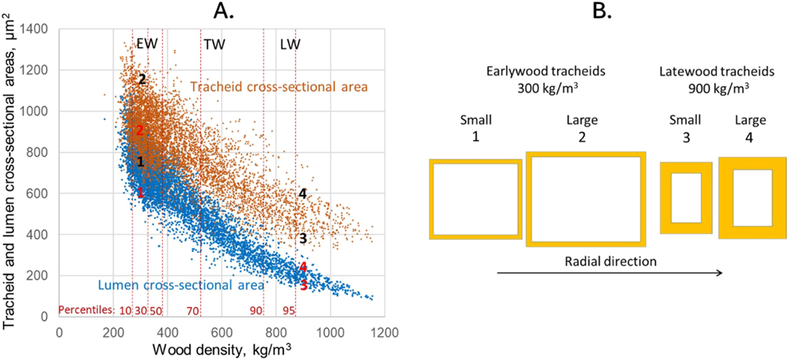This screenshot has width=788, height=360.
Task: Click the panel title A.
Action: tap(223, 10)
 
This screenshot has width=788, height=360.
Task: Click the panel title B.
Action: tap(601, 10)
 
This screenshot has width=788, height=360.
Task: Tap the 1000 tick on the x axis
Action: tap(330, 332)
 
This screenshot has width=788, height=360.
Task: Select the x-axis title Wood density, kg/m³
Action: tap(221, 350)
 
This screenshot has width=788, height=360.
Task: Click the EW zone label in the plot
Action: tap(147, 44)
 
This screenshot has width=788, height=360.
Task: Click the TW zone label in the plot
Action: tap(214, 45)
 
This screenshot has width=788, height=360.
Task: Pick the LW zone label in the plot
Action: tap(290, 45)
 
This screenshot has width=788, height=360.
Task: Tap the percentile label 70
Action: tap(192, 311)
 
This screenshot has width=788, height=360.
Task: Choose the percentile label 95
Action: tap(288, 311)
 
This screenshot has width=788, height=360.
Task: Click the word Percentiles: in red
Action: tap(86, 310)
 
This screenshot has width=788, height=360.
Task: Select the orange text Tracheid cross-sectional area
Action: tap(279, 87)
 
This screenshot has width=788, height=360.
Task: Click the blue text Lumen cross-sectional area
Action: tap(180, 285)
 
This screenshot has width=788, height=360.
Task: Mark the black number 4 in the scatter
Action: tap(302, 193)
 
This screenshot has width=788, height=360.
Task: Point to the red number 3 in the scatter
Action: tap(304, 285)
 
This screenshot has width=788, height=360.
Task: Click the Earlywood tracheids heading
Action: tap(545, 71)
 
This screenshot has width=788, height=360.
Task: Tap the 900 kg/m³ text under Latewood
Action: tap(718, 88)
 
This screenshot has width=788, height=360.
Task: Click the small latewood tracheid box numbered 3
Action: tap(686, 198)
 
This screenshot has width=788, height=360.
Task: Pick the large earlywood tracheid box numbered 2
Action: tap(586, 199)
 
